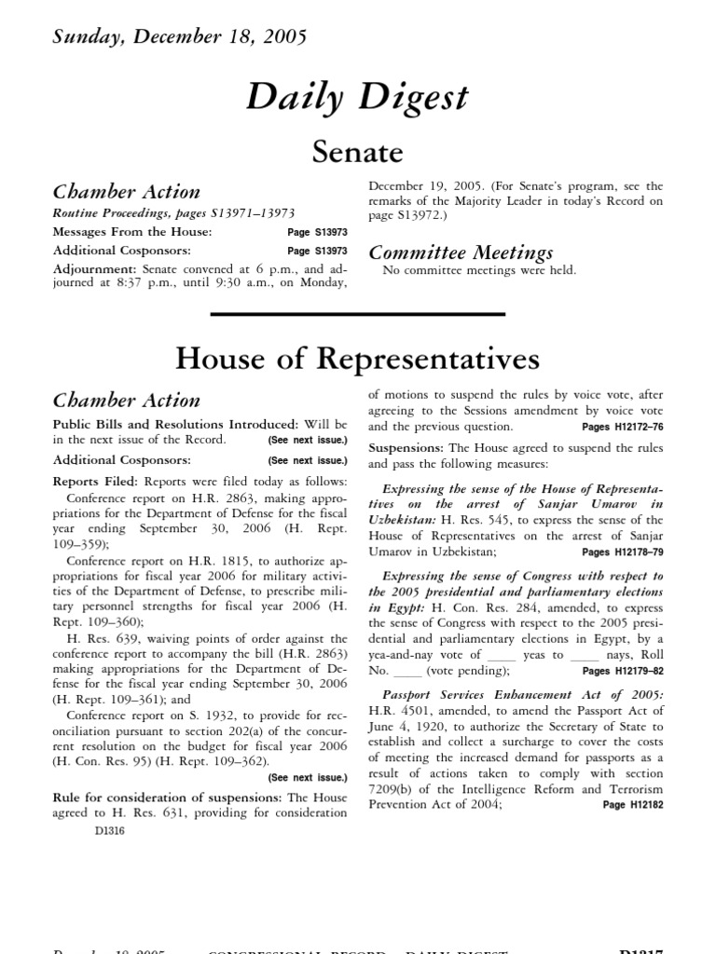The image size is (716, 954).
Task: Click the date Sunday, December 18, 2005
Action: (179, 37)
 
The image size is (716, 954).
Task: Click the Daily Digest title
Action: (358, 98)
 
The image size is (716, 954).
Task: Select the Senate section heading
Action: (358, 151)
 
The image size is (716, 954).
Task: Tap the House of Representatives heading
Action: (358, 359)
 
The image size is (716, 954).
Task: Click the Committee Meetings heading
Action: (461, 252)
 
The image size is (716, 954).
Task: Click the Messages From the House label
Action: (131, 232)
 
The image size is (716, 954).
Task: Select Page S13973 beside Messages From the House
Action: (317, 232)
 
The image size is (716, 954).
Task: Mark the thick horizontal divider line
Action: (358, 314)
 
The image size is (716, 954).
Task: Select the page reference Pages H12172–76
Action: (622, 428)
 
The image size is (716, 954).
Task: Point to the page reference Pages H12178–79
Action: (622, 552)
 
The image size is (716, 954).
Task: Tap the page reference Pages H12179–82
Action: (622, 671)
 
